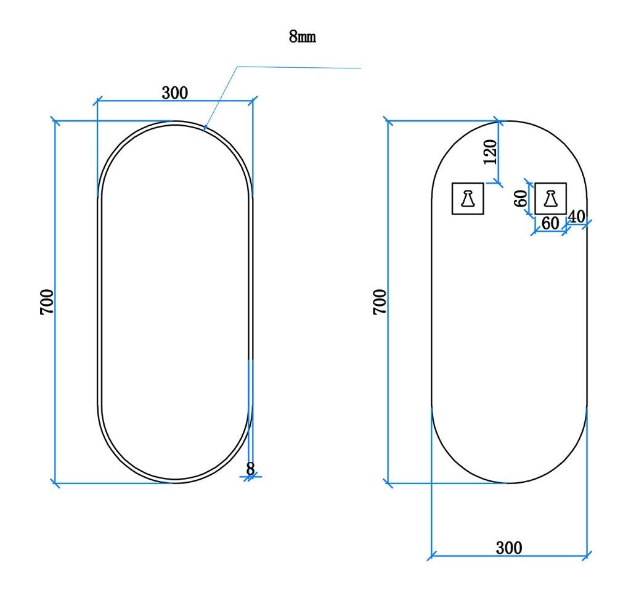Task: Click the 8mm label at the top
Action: coord(302,36)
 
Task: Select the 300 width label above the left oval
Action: coord(174,92)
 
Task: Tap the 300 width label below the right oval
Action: coord(509,548)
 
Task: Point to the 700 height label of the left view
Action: coord(47,302)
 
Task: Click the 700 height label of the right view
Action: coord(380,302)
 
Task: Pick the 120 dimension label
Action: coord(490,152)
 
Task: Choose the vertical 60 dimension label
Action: coord(521,198)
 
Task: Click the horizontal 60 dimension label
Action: coord(550,223)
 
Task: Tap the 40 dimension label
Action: coord(576,216)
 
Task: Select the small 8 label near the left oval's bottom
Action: coord(250,469)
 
